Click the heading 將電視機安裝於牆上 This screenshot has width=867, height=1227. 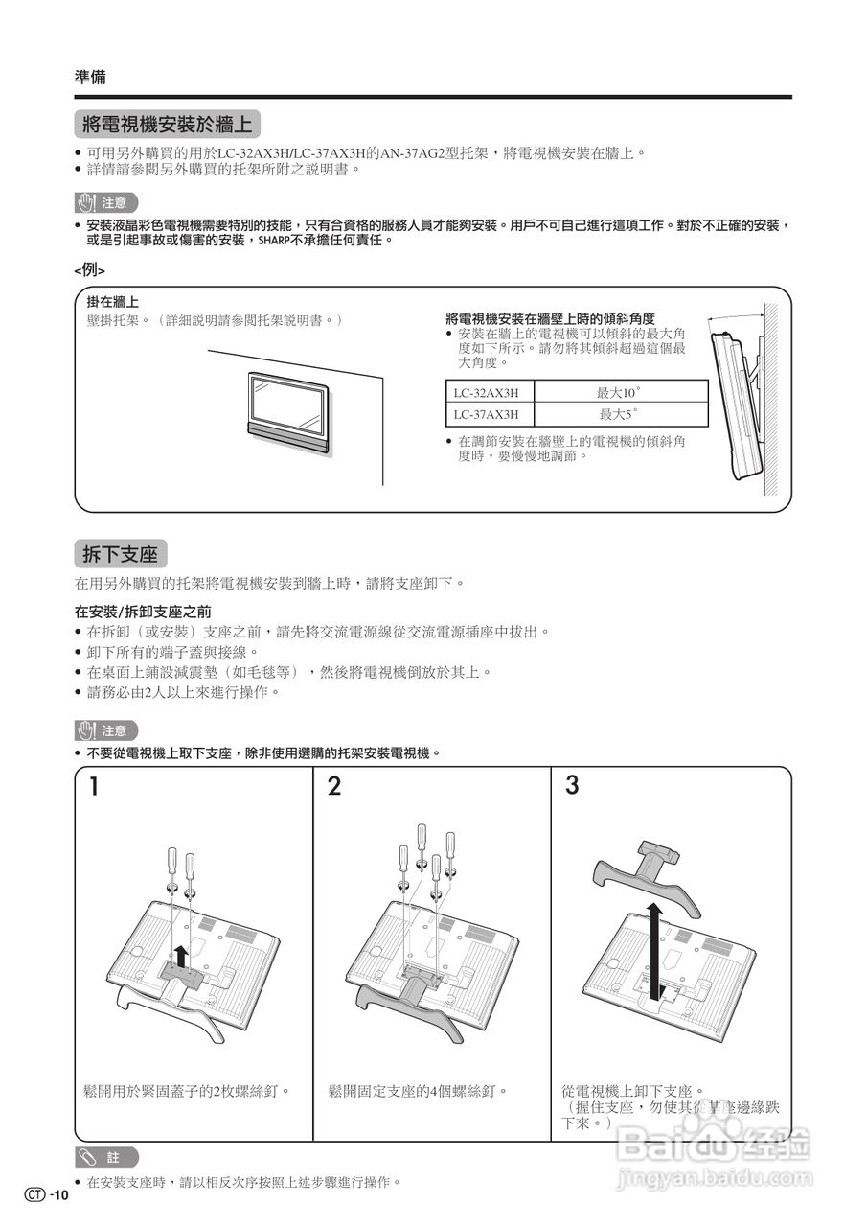point(167,124)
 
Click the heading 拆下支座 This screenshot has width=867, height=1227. point(120,554)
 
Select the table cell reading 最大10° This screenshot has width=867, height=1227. point(619,392)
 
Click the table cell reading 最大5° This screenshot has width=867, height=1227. point(619,414)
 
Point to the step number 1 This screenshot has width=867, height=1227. point(95,787)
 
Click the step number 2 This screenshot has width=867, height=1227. point(333,787)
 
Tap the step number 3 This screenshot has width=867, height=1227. point(572,785)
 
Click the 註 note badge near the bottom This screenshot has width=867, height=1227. point(106,1157)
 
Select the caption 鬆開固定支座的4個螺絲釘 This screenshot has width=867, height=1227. point(418,1091)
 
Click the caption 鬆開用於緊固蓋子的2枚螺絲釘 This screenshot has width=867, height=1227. point(187,1091)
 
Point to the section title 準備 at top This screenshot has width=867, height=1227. point(90,77)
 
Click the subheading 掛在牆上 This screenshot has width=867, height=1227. point(112,303)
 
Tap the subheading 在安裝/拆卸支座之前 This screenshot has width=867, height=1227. point(143,611)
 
